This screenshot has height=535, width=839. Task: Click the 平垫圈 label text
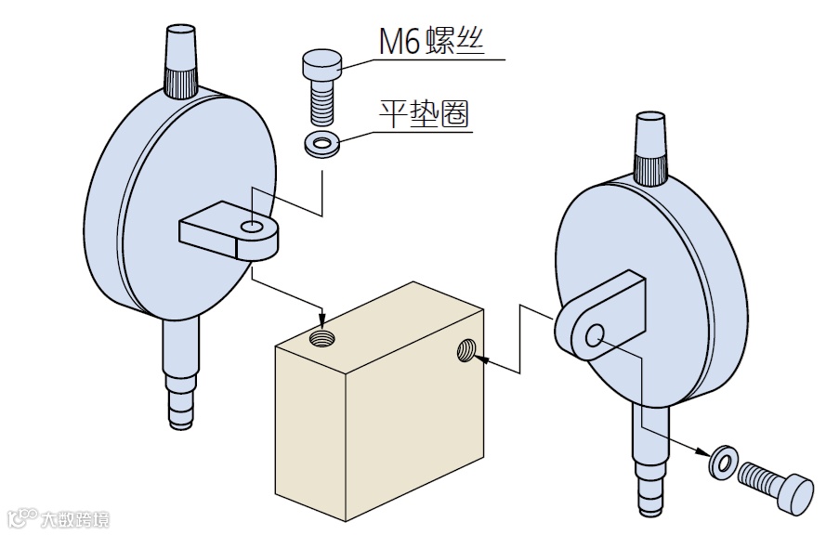tap(424, 114)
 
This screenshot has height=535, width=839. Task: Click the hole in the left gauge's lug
tap(250, 227)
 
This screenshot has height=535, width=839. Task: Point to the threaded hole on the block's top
tap(321, 336)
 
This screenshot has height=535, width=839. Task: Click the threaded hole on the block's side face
tap(467, 350)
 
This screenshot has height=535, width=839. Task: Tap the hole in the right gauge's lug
tap(595, 334)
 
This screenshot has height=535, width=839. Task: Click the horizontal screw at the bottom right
tap(774, 484)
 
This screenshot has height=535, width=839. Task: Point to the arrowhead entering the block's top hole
tap(321, 319)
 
